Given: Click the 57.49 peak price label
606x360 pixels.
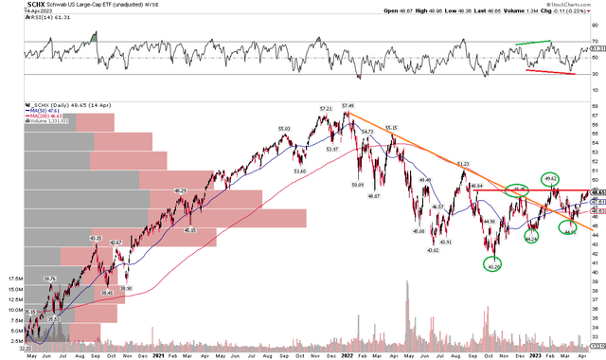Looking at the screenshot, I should (x=348, y=106).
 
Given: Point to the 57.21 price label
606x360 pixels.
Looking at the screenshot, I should (x=324, y=109).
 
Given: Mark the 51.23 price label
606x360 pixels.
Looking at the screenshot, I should (x=463, y=164).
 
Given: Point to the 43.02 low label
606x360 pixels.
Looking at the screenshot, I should (x=433, y=250).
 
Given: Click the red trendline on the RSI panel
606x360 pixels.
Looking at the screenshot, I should (x=549, y=70).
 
